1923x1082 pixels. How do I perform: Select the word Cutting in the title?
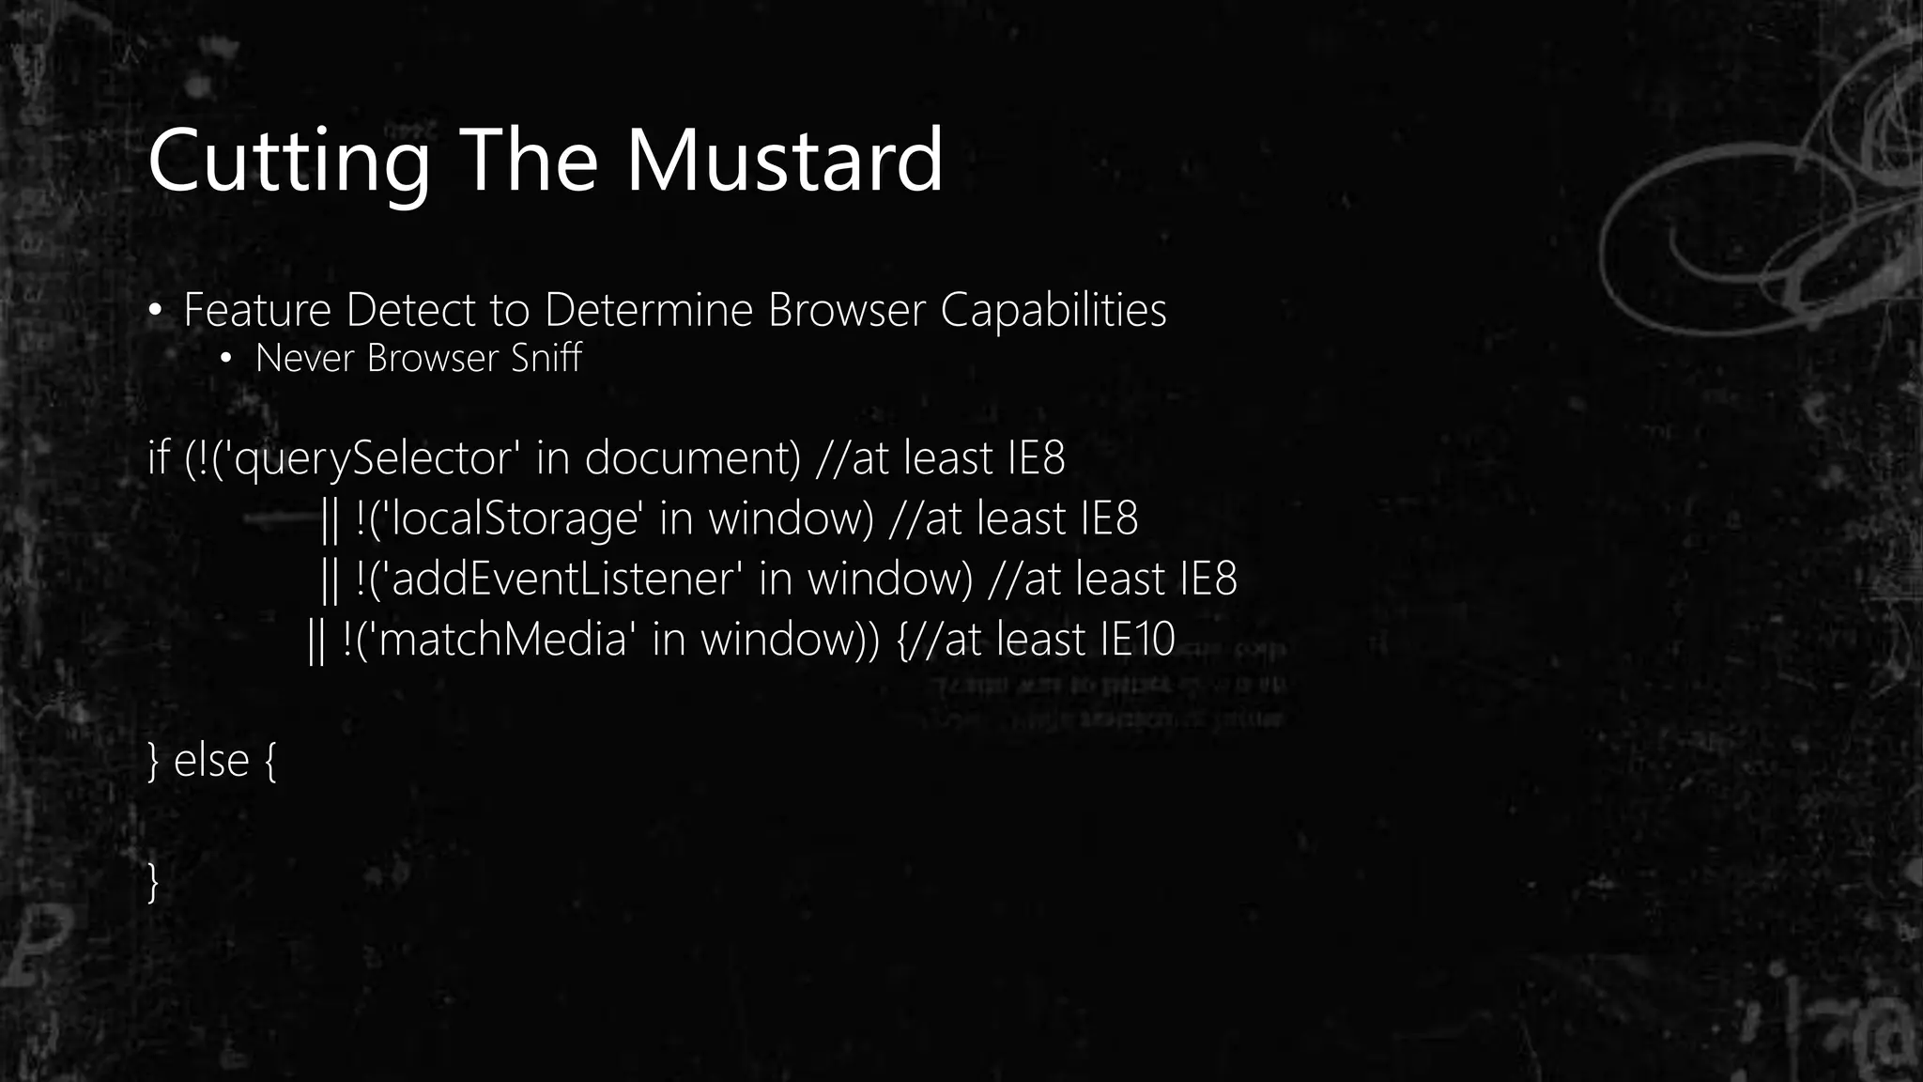point(288,162)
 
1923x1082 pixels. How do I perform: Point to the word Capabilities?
point(1053,310)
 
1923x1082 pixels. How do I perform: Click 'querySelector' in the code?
point(367,458)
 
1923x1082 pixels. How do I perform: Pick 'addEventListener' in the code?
point(560,579)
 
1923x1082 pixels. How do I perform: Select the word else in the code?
point(211,760)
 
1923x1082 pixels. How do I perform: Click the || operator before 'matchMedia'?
point(316,641)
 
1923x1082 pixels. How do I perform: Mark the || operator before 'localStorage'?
point(330,520)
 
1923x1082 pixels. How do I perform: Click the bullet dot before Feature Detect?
point(156,311)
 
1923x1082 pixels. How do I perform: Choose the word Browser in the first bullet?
point(846,310)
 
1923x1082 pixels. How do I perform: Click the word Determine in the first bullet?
point(649,310)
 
